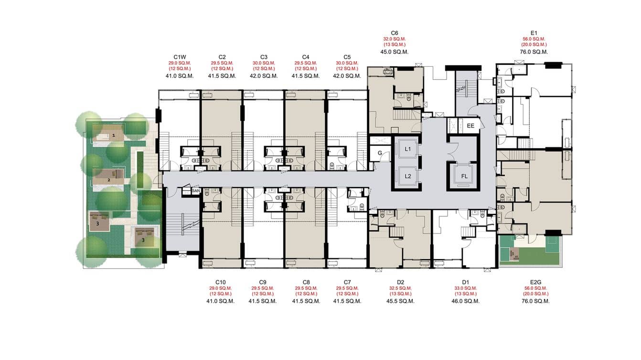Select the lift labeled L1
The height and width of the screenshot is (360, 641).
[408, 149]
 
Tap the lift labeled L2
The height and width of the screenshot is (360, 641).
[408, 176]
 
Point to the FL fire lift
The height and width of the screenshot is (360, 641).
[464, 176]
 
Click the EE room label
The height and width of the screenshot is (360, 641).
[470, 126]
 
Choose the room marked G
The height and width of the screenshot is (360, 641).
[380, 153]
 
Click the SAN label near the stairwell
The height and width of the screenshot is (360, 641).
[195, 191]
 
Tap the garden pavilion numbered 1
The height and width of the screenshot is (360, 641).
[114, 136]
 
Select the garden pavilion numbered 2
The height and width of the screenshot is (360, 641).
[109, 180]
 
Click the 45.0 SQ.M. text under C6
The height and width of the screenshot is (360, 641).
[394, 52]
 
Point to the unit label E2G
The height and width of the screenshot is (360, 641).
[536, 282]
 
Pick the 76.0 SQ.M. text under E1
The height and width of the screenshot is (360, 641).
[534, 52]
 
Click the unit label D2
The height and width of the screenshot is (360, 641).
[400, 282]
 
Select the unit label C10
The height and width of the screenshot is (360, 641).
[220, 282]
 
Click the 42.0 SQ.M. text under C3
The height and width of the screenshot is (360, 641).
[263, 76]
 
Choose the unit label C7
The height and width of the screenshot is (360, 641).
[347, 282]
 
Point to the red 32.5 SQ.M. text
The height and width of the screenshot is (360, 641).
[400, 288]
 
